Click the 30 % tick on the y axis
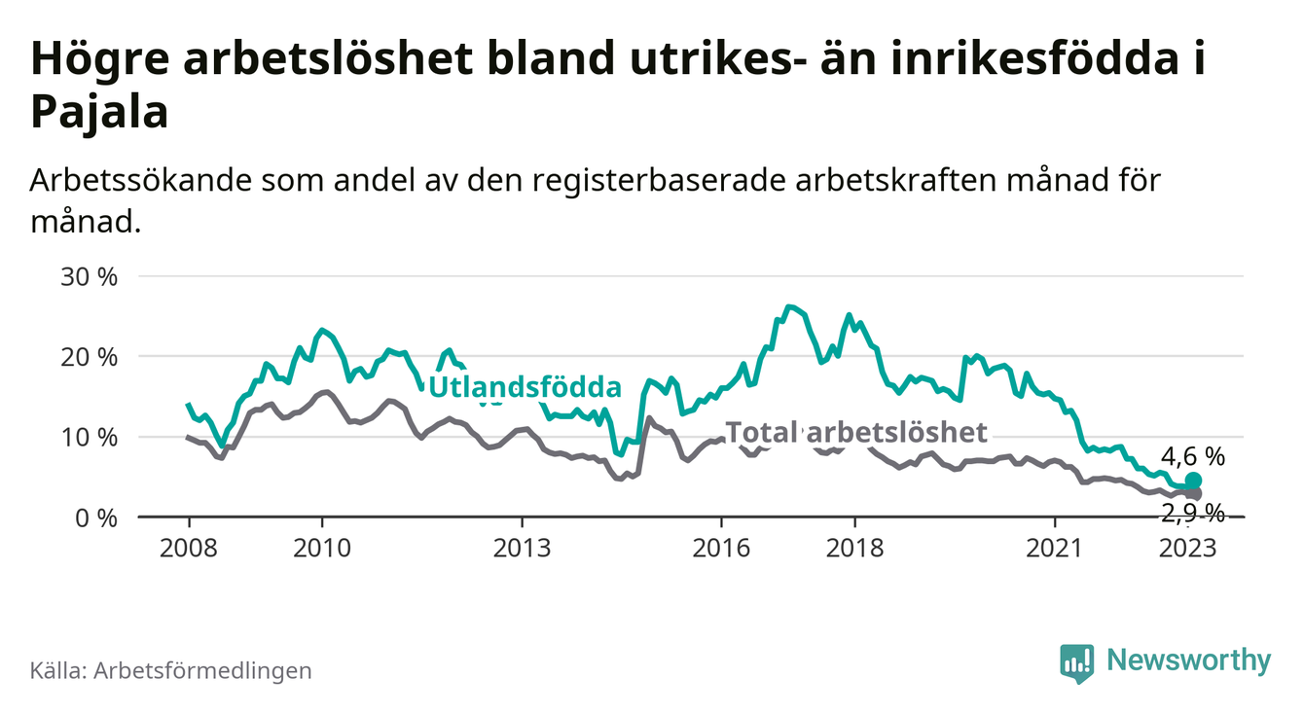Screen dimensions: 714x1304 pos(90,276)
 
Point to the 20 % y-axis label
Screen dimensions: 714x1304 pos(90,357)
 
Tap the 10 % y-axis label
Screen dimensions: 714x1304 pos(90,437)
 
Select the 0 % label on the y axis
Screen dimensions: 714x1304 pos(95,518)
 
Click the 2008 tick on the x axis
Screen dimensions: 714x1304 pos(188,548)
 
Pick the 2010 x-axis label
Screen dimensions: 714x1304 pos(321,548)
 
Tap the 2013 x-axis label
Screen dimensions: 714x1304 pos(522,548)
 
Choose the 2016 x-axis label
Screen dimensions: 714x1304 pos(721,548)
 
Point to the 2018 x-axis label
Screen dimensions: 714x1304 pos(854,548)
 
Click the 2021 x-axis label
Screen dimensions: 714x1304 pos(1055,548)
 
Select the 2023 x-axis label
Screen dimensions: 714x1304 pos(1188,548)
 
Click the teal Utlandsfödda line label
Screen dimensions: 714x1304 pos(525,387)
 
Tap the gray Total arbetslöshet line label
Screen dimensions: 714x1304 pos(856,432)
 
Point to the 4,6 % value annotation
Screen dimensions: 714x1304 pos(1191,455)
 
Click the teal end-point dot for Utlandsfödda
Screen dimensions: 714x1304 pos(1193,481)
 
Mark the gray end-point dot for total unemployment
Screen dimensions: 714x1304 pos(1194,494)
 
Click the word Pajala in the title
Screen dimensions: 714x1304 pos(100,113)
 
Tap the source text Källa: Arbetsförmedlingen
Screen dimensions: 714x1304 pos(171,670)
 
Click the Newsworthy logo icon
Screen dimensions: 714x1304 pos(1076,662)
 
